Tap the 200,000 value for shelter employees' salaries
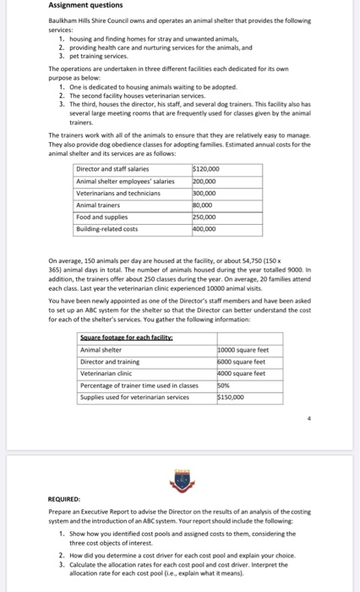click(x=205, y=181)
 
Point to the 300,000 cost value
click(x=205, y=193)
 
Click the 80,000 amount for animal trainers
click(x=204, y=205)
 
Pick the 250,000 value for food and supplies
click(x=205, y=217)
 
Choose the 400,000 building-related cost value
click(x=205, y=228)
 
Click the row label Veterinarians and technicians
click(x=117, y=193)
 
